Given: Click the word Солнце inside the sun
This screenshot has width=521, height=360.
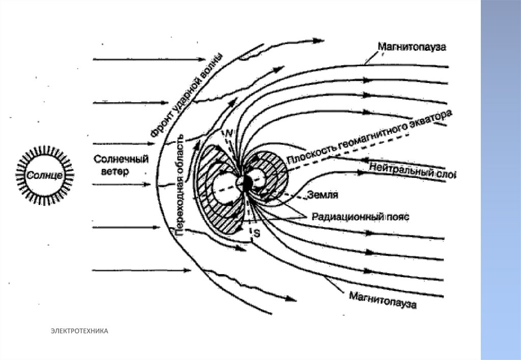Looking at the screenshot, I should [45, 175].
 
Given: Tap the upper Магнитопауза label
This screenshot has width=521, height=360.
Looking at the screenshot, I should [412, 47].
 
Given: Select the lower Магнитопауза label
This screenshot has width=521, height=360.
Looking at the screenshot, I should [382, 299].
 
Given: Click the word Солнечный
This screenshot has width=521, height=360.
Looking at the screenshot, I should [121, 159].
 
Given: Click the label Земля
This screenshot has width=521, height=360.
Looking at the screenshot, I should [323, 194].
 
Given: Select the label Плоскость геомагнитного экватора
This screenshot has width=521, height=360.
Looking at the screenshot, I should [368, 136].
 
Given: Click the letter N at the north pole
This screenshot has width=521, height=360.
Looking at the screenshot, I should [229, 133].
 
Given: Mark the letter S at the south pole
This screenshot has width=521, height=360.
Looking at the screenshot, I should [256, 233].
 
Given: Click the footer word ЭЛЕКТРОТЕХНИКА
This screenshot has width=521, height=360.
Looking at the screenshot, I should [79, 332].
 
